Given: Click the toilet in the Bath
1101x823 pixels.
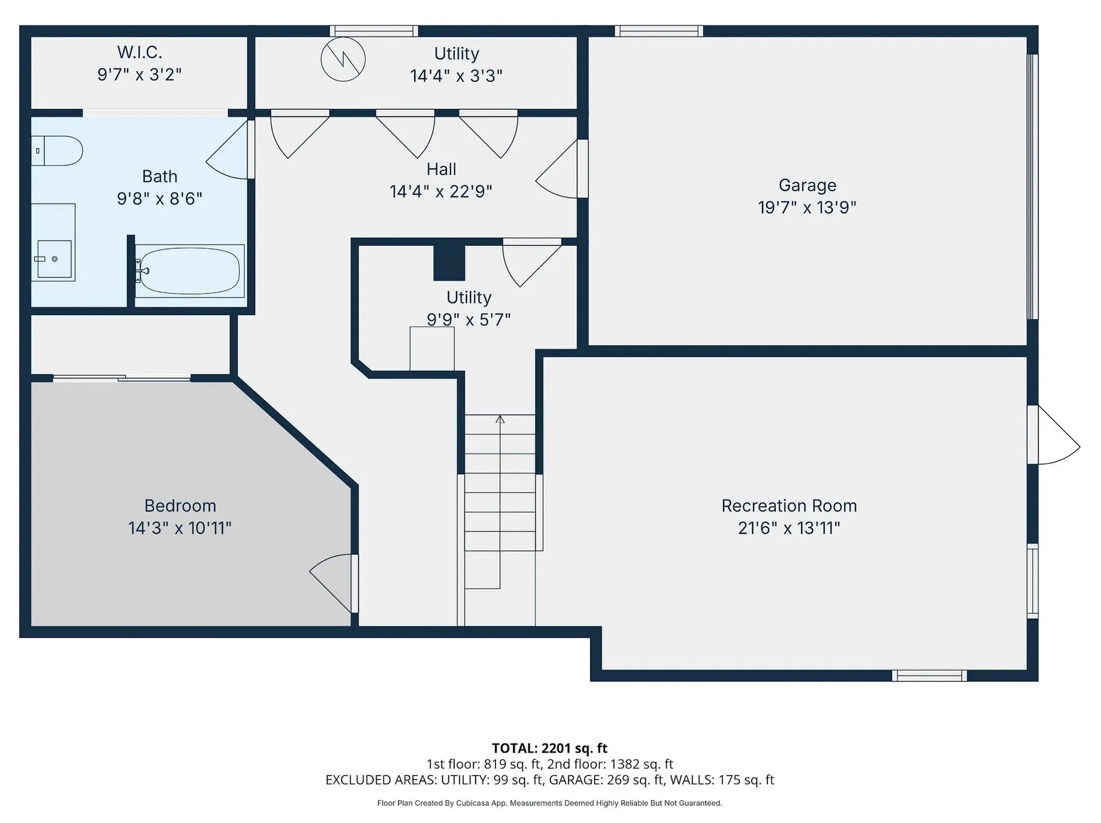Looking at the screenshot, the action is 56,151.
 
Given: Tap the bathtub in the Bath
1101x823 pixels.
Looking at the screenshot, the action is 189,271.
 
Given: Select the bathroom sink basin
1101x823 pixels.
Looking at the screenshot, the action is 54,259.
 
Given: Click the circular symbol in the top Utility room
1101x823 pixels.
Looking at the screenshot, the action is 343,59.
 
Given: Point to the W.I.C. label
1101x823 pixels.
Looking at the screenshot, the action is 139,52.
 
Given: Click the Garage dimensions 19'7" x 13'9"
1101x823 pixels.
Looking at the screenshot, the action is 807,207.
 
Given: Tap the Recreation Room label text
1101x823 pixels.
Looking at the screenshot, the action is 789,505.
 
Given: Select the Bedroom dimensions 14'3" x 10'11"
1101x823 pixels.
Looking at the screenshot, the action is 179,527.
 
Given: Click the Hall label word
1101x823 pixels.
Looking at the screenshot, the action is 441,169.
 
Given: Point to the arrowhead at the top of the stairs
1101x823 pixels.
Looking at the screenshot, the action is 500,419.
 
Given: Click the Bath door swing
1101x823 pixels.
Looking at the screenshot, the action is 230,149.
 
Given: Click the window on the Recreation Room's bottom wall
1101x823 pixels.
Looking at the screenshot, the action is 930,676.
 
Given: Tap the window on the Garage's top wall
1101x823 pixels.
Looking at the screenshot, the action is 659,31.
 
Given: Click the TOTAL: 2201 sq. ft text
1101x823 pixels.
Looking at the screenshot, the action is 549,748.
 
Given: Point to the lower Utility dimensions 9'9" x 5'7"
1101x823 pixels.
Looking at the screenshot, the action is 468,319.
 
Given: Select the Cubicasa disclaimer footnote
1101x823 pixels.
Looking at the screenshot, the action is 549,803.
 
